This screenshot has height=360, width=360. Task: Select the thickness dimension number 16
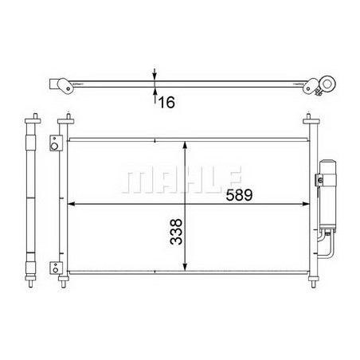(166, 101)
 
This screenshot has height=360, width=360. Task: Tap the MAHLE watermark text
(181, 178)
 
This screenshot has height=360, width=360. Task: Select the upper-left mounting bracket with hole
(55, 145)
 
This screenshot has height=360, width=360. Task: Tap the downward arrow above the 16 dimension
(154, 73)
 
